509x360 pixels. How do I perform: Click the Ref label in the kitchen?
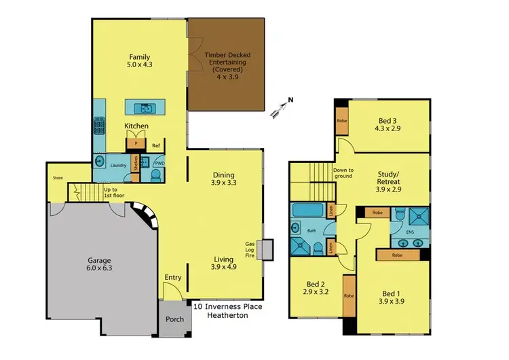(x=155, y=145)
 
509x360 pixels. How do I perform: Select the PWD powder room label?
(x=159, y=163)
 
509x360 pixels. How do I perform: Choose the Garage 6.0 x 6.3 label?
(x=99, y=264)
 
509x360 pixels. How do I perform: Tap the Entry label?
(x=173, y=277)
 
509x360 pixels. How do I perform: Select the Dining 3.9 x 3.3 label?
(x=225, y=179)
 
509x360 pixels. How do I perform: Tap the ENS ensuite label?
(x=409, y=232)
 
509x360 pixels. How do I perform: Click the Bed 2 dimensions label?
(x=314, y=293)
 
